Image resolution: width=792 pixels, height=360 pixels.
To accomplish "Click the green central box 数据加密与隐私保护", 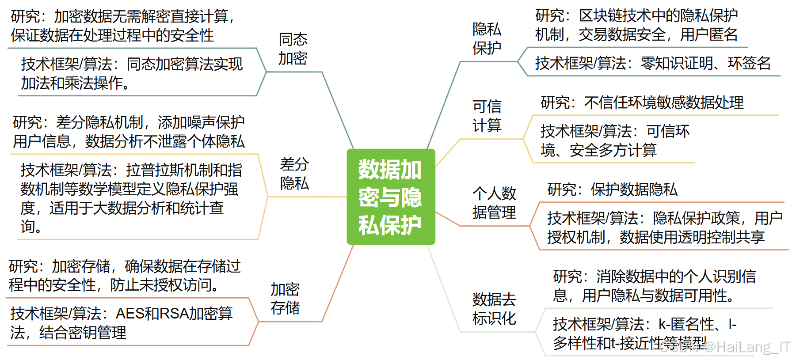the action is (391, 197).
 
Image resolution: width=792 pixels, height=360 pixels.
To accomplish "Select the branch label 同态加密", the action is (293, 49).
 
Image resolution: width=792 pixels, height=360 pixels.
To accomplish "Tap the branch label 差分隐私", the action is (294, 174).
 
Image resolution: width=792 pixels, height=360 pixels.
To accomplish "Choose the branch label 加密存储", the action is (285, 299).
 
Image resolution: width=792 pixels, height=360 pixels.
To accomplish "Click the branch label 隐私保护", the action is (487, 38).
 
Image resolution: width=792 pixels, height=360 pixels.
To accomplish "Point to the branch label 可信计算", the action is (487, 116).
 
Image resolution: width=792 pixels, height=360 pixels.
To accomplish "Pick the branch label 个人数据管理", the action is (494, 203).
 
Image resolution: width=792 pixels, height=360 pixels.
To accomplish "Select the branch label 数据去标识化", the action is (494, 309).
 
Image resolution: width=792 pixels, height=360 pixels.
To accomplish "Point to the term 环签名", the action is (749, 64).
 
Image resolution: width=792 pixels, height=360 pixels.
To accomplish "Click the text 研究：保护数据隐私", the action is (612, 190).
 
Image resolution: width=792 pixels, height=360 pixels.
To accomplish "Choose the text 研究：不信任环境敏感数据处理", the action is (642, 103).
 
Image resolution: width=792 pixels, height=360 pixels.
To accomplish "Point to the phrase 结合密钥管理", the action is (83, 333).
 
